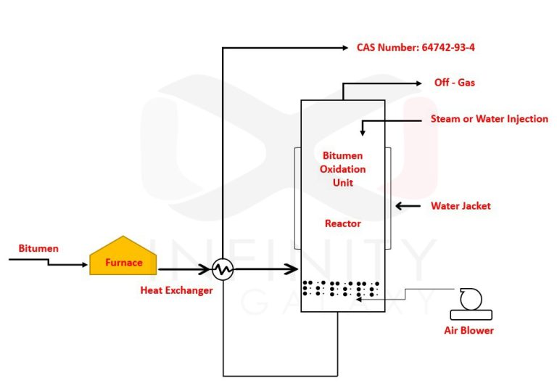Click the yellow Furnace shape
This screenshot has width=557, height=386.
tap(123, 259)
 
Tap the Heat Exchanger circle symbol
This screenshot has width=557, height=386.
tap(223, 271)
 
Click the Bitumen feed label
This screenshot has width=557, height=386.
tap(38, 248)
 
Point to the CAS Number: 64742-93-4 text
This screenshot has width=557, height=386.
tap(416, 48)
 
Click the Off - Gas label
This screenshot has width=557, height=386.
tap(455, 83)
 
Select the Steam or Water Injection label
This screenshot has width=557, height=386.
tap(489, 119)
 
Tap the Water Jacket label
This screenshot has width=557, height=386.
tap(461, 206)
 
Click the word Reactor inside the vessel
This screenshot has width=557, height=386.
tap(342, 223)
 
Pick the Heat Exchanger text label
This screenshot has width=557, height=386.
tap(176, 290)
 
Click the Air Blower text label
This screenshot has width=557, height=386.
tap(469, 330)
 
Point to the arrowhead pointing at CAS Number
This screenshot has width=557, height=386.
tap(344, 48)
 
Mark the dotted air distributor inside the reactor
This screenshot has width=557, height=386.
tap(342, 289)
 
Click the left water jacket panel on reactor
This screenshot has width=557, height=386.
tap(297, 198)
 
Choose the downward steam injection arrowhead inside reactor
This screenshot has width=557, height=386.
tap(362, 132)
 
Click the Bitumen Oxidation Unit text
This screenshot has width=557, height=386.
tap(342, 169)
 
